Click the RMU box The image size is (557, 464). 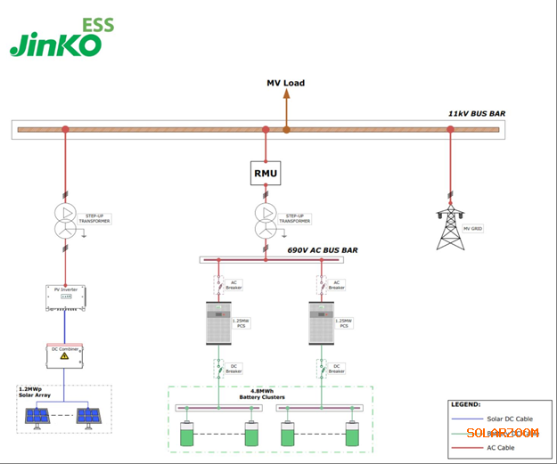266,172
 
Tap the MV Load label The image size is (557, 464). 286,83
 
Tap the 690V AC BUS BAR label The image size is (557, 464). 323,251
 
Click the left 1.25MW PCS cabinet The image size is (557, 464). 217,322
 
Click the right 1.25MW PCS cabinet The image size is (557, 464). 321,322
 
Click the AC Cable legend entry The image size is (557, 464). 500,447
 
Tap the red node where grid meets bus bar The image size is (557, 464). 450,130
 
